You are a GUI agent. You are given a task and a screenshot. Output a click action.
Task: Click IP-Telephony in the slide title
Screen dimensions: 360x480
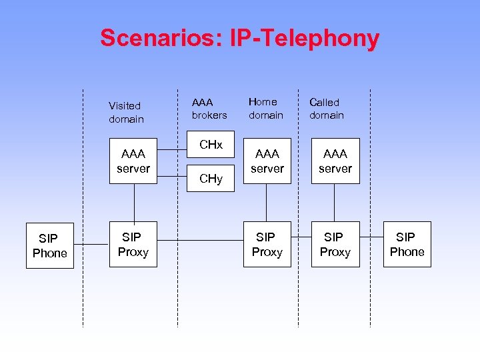pos(304,38)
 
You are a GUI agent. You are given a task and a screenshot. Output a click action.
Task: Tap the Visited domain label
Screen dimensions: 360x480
pos(126,112)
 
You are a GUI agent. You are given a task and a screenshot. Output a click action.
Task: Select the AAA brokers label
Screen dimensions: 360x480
pos(209,109)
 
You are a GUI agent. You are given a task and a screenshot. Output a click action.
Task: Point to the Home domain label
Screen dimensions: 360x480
pos(265,108)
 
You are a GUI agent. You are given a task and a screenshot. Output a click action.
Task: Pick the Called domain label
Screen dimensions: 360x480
pos(326,109)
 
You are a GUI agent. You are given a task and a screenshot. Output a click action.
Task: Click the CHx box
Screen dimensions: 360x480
pos(211,145)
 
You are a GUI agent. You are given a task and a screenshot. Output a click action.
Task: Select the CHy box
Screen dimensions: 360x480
pos(211,178)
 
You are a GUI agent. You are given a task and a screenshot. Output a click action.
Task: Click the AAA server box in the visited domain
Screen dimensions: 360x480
pos(133,161)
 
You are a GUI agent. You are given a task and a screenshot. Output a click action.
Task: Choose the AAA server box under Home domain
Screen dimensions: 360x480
pos(267,161)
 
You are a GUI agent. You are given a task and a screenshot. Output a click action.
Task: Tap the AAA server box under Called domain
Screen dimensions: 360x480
pos(335,161)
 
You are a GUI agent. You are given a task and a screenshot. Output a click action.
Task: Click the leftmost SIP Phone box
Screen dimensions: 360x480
pos(50,245)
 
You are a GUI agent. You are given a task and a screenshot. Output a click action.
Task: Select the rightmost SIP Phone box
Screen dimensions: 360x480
pos(407,244)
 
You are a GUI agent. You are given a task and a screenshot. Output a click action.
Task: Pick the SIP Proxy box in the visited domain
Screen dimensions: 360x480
pos(133,244)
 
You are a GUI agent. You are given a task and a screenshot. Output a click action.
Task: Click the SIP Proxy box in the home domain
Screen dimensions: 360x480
pos(267,244)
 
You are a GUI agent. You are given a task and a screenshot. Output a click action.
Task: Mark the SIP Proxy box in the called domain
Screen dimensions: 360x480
pos(335,244)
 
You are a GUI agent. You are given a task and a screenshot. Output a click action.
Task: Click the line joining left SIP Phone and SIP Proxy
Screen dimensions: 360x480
pos(91,244)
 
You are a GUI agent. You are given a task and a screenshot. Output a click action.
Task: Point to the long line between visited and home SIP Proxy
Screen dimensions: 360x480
pos(200,240)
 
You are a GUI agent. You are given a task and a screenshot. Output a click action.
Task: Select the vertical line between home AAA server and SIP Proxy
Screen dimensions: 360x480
pos(267,203)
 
